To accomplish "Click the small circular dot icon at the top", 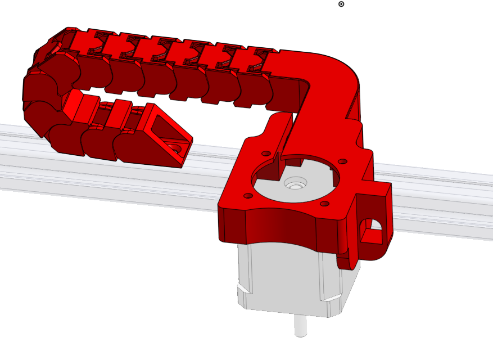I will click(x=341, y=4).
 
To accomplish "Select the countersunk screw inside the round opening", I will click(x=295, y=183).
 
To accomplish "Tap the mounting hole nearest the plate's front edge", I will click(x=324, y=203).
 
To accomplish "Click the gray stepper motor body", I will click(x=281, y=276).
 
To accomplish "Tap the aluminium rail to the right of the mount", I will click(x=444, y=197).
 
